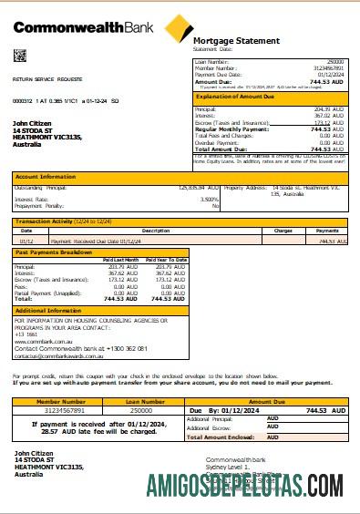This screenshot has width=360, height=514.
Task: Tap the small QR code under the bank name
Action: pos(20,56)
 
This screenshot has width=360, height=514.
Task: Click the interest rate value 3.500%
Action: pos(209,199)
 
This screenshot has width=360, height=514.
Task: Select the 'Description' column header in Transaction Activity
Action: pos(130,231)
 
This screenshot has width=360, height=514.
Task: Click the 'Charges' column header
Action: pos(283,231)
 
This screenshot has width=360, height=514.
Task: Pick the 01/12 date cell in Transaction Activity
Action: pos(26,242)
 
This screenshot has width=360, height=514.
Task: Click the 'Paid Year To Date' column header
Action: pos(167,260)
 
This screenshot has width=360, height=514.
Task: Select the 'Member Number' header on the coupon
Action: pos(61,401)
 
